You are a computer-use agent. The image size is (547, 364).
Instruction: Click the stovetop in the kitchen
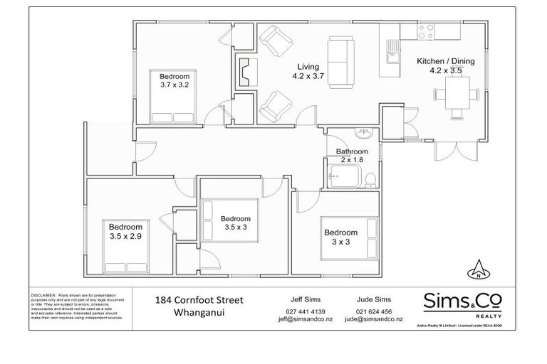click(426, 31)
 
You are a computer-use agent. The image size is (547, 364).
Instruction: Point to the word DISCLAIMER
click(43, 293)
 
